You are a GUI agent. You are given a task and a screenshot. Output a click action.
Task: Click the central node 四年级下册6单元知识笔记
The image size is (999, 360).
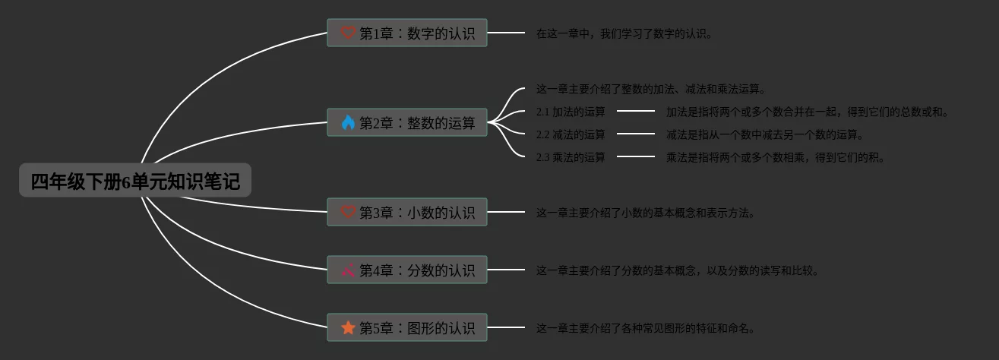tap(135, 182)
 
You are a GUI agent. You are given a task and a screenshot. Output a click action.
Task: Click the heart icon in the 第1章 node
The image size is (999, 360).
tap(348, 33)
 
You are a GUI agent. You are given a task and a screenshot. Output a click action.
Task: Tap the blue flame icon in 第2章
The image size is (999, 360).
tap(348, 122)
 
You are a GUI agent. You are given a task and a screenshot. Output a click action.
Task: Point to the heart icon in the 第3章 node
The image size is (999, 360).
tap(348, 213)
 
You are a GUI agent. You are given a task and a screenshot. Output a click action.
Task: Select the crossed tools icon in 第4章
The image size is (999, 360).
tap(348, 270)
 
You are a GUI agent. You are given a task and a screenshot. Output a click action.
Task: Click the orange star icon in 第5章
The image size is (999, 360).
tap(348, 327)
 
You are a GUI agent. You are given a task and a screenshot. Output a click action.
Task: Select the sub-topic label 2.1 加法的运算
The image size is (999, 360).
tap(571, 112)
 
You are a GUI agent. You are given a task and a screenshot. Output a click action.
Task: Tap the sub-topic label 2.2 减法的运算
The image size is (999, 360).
tap(571, 135)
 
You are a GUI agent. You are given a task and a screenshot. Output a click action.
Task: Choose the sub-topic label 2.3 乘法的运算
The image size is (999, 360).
tap(571, 158)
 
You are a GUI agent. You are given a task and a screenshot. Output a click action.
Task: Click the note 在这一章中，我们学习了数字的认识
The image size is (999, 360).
tap(624, 33)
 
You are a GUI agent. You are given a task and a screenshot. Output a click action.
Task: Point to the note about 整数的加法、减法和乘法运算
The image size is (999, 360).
tap(651, 89)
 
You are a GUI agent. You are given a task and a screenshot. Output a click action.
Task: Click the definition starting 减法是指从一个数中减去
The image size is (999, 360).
tap(765, 135)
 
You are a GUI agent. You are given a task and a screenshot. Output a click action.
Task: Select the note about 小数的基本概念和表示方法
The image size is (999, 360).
tap(646, 213)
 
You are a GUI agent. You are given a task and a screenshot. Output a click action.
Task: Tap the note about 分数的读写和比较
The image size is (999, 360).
tap(678, 270)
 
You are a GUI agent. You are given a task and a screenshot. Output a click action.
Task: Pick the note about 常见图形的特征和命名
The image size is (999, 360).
tap(646, 328)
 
